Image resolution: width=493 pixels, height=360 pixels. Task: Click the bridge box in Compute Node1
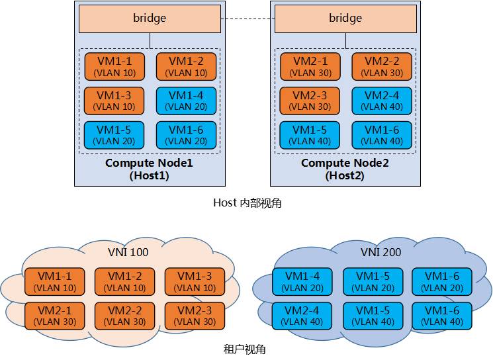pos(150,19)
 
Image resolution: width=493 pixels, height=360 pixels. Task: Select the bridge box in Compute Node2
pos(345,19)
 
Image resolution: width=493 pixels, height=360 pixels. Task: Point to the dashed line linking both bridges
pos(247,19)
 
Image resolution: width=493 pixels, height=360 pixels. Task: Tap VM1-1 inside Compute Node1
pos(114,66)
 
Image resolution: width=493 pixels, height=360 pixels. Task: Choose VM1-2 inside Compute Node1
pos(186,66)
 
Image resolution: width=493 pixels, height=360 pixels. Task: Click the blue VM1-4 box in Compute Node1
pos(186,101)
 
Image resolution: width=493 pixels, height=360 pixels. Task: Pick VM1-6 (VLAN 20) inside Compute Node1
pos(186,134)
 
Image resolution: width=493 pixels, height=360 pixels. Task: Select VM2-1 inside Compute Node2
pos(310,66)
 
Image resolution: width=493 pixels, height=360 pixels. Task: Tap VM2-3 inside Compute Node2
pos(310,101)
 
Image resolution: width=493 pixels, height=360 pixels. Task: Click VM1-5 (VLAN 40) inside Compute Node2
pos(310,134)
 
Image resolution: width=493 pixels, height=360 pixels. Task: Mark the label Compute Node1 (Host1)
pos(149,169)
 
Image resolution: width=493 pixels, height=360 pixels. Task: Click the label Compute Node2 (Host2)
pos(345,169)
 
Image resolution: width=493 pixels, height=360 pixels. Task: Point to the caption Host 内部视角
pos(247,203)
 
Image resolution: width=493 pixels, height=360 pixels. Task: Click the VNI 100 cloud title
pos(128,252)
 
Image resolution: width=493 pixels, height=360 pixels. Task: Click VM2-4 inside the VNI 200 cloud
pos(302,316)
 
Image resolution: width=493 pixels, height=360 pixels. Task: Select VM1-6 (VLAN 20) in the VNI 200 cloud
pos(441,281)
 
